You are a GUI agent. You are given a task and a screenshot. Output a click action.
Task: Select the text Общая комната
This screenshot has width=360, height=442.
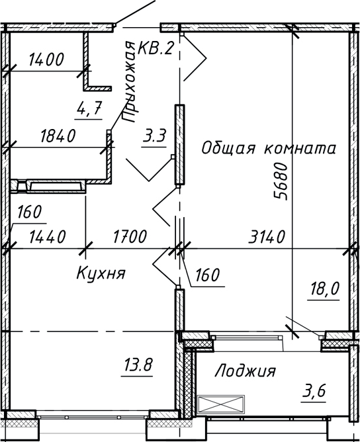pyautogui.click(x=269, y=148)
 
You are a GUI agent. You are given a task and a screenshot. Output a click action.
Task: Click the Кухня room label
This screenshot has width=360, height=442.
pyautogui.click(x=101, y=273)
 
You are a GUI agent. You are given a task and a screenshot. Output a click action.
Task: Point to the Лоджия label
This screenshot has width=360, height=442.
pyautogui.click(x=245, y=372)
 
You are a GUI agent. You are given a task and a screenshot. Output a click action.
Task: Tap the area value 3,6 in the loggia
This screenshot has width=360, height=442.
pyautogui.click(x=315, y=393)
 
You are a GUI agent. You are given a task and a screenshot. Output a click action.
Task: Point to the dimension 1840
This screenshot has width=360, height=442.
pyautogui.click(x=58, y=136)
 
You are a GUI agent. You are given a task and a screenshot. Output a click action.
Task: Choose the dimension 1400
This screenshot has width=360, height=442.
pyautogui.click(x=46, y=60)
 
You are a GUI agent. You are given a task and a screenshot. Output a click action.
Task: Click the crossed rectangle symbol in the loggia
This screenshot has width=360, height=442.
pyautogui.click(x=221, y=404)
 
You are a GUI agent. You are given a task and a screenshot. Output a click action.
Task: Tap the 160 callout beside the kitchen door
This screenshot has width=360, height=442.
pyautogui.click(x=206, y=275)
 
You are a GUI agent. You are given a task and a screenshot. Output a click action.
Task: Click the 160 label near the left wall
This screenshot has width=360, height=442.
pyautogui.click(x=30, y=212)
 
